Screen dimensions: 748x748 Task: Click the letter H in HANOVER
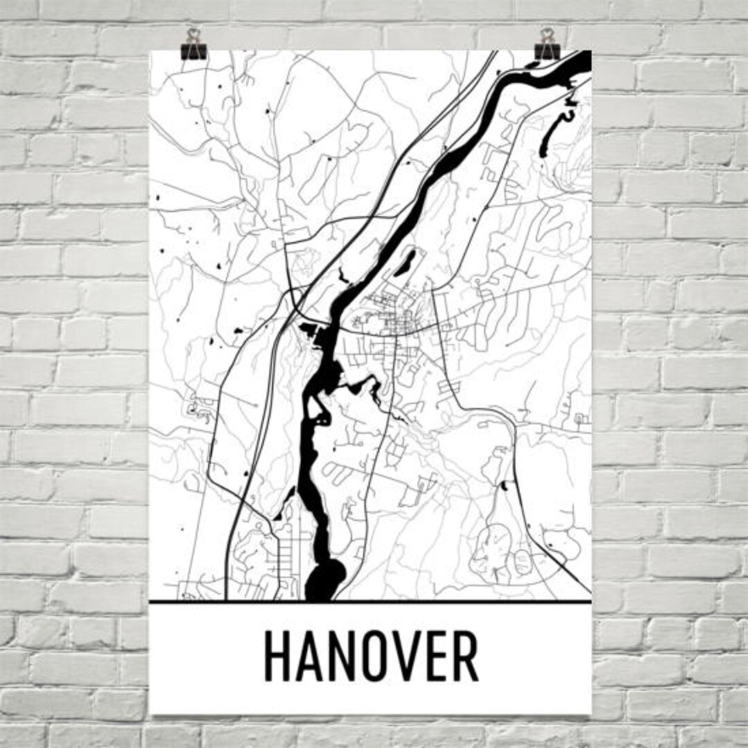(x=277, y=657)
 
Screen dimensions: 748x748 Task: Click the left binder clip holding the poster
(x=193, y=44)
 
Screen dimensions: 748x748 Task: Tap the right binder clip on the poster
(x=548, y=44)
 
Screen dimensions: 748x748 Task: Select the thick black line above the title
(x=371, y=602)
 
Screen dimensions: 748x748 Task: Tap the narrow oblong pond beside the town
(x=404, y=262)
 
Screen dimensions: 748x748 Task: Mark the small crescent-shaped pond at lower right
(x=504, y=485)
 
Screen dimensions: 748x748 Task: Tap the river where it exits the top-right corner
(x=578, y=62)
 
